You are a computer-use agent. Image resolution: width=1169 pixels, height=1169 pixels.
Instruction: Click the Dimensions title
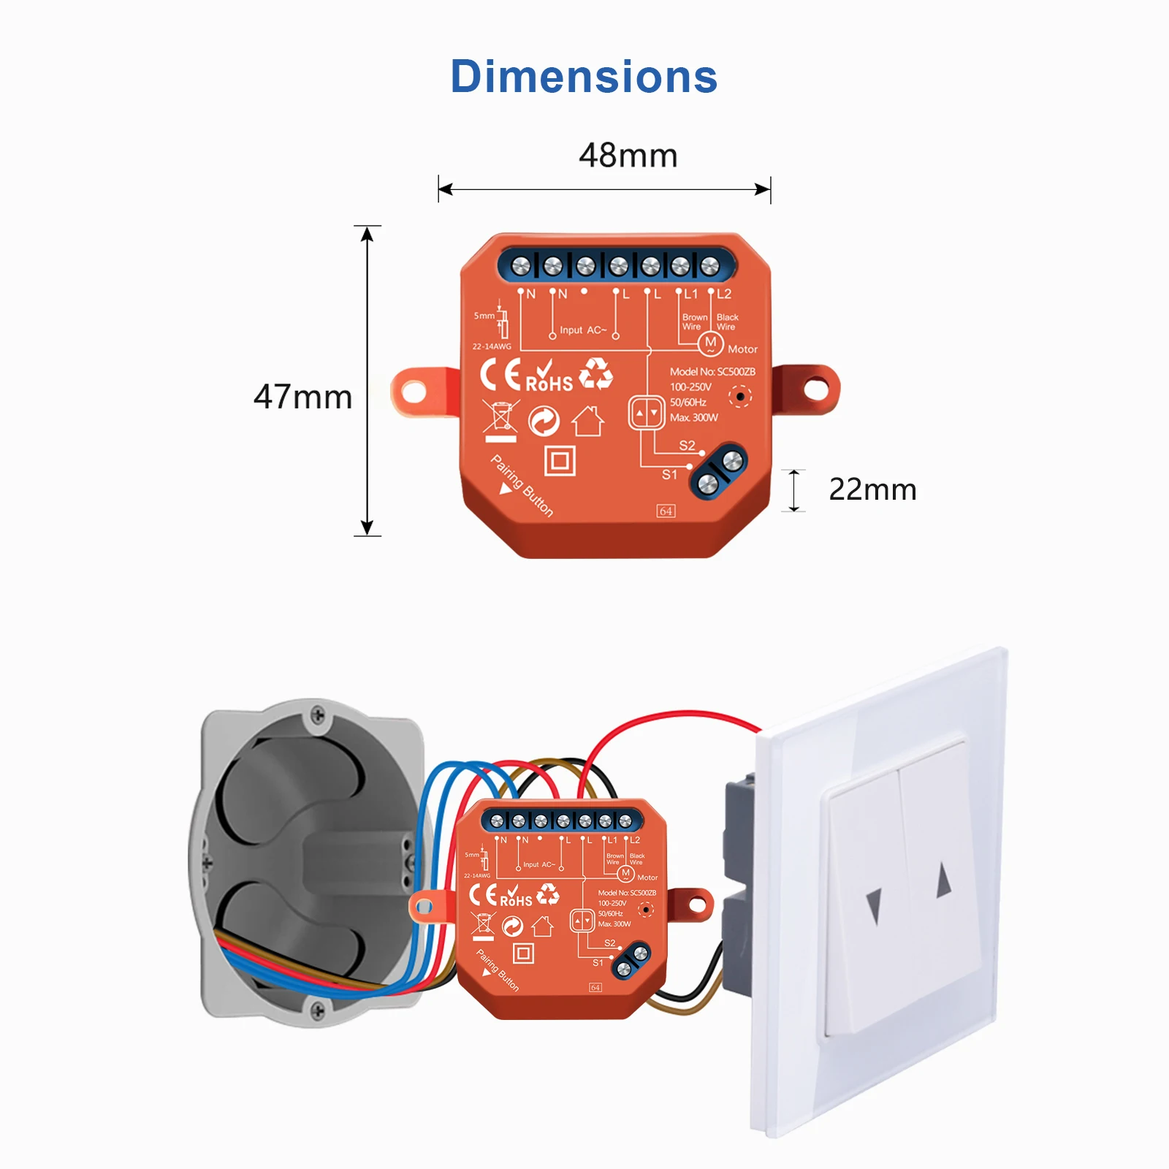pos(584,77)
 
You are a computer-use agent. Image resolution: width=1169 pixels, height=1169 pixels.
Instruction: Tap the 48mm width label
pos(628,156)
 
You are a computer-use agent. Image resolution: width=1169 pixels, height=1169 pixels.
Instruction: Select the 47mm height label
pos(302,397)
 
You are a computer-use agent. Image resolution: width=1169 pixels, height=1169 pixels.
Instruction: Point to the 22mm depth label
pos(872,490)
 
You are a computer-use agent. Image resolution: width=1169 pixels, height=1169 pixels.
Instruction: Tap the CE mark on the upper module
pos(500,375)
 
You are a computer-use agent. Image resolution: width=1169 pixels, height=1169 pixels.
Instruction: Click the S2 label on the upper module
pos(687,445)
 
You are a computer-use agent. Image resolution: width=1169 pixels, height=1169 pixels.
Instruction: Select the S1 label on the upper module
pos(669,474)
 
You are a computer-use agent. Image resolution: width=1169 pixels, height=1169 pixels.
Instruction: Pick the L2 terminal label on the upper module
pos(723,294)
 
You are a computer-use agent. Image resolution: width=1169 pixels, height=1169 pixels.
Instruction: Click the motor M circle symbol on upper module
pos(710,343)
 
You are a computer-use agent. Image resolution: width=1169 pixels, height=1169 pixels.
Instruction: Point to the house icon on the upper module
pos(587,421)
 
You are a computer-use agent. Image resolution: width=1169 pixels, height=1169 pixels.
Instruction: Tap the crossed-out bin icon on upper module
pos(500,420)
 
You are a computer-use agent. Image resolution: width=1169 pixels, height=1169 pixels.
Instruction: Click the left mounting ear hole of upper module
pos(414,392)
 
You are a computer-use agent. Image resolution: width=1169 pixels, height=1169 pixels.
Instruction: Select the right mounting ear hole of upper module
pos(816,389)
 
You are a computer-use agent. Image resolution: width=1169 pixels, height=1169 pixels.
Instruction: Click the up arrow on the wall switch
pos(944,879)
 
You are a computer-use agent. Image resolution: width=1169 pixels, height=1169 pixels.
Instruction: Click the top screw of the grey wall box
pos(318,715)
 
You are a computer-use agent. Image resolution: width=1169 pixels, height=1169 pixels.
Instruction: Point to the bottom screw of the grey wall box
pos(318,1011)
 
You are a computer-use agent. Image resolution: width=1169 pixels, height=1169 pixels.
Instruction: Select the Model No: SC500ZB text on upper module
pos(712,372)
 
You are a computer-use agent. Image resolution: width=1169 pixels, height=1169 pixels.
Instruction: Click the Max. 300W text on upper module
pos(693,418)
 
